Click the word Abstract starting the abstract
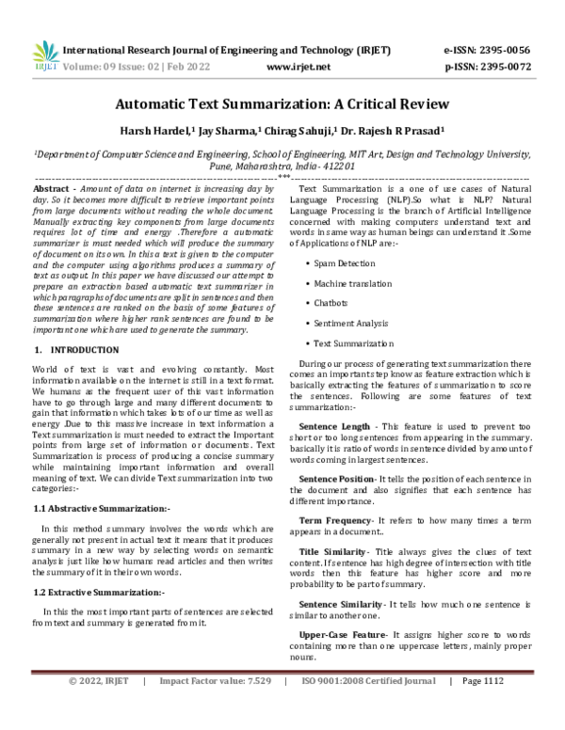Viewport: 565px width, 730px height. point(51,189)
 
